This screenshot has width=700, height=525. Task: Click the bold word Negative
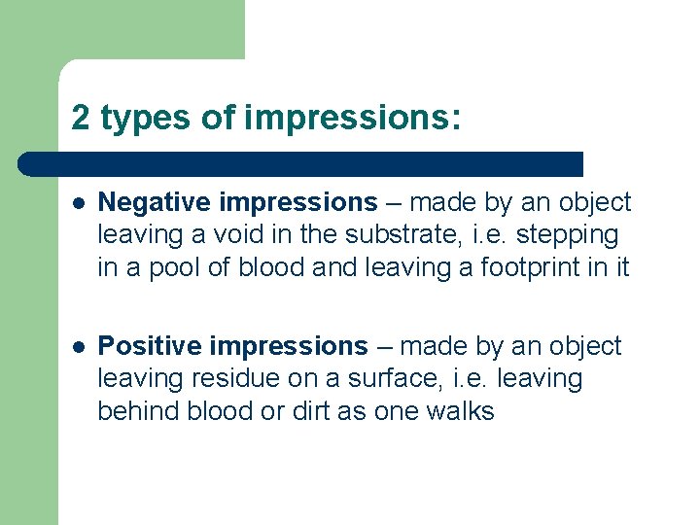click(156, 202)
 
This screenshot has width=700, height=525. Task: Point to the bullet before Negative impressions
click(79, 203)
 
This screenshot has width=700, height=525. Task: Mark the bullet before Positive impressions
click(79, 347)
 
